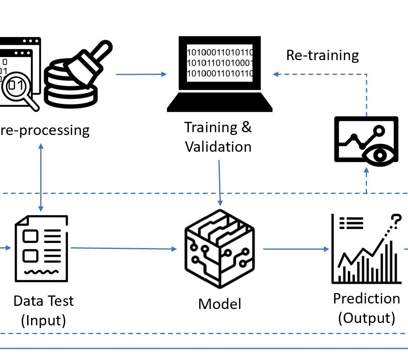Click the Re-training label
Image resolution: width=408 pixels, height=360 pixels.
[x=322, y=55]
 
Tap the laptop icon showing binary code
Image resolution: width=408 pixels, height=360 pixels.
[x=220, y=74]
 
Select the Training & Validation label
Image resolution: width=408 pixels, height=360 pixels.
[x=218, y=137]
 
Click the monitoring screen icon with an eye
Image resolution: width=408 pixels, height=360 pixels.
[x=366, y=139]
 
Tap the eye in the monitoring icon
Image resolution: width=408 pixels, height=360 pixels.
[x=379, y=153]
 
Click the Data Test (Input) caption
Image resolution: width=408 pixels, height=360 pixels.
[x=43, y=310]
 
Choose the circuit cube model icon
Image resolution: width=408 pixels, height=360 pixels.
[x=220, y=249]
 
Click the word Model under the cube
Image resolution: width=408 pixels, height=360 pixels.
[x=220, y=304]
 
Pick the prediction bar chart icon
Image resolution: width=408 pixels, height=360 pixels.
[x=366, y=249]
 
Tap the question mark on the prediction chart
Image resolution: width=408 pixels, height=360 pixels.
[x=395, y=219]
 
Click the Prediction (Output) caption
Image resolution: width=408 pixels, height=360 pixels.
[x=366, y=308]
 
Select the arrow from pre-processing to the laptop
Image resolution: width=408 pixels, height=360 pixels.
[x=141, y=74]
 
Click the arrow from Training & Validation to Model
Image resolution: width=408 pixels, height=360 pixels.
[x=220, y=182]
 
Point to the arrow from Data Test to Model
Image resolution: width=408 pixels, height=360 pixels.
[x=124, y=248]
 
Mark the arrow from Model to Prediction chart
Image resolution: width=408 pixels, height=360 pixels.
[x=294, y=249]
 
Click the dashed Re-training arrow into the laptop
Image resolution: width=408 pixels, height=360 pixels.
[x=319, y=74]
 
